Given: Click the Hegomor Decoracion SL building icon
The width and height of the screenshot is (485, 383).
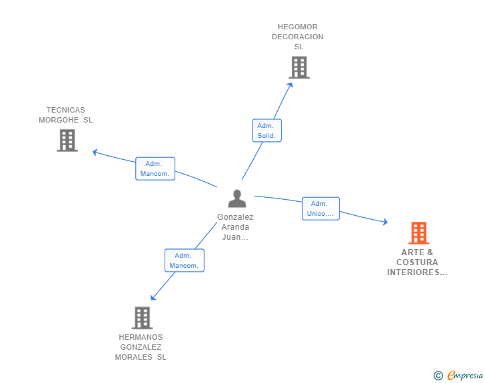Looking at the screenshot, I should tap(299, 67).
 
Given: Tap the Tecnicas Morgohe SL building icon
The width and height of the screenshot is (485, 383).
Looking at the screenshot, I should tap(67, 141).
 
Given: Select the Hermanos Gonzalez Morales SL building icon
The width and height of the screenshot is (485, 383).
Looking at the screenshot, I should tap(142, 318).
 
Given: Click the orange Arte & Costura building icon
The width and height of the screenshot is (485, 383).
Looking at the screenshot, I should tap(418, 233).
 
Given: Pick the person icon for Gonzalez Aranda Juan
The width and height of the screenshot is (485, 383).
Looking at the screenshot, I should tap(237, 198).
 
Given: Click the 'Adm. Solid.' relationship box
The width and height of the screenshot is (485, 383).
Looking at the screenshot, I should tap(267, 131).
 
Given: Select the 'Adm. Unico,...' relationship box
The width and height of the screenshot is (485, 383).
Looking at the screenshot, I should tap(320, 208).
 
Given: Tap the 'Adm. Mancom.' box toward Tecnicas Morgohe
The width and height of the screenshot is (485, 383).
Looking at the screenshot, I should tap(155, 169).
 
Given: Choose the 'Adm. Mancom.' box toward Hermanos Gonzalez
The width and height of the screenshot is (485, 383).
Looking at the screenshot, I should tap(184, 260).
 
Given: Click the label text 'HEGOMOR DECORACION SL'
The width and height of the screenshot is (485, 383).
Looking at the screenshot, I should tap(298, 37).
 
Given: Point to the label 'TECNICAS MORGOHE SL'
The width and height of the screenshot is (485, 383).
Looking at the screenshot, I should tap(66, 115).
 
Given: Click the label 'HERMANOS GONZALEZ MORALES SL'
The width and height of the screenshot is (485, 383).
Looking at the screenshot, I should tap(141, 347).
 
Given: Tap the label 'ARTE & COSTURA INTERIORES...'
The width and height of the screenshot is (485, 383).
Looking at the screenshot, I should tap(418, 262).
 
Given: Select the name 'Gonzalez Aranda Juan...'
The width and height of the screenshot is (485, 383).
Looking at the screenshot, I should tap(235, 227).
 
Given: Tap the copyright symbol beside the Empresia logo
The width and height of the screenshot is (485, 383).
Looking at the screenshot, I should tap(438, 376).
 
